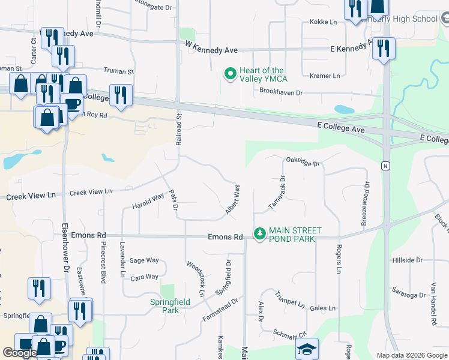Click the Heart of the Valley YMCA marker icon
pos(229,74)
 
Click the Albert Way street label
pos(233,200)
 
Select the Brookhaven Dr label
pos(281,92)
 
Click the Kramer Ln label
pos(325,76)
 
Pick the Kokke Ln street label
pos(323,22)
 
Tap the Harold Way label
pos(148,201)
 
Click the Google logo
pos(20,353)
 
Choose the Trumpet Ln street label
pos(290,299)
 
